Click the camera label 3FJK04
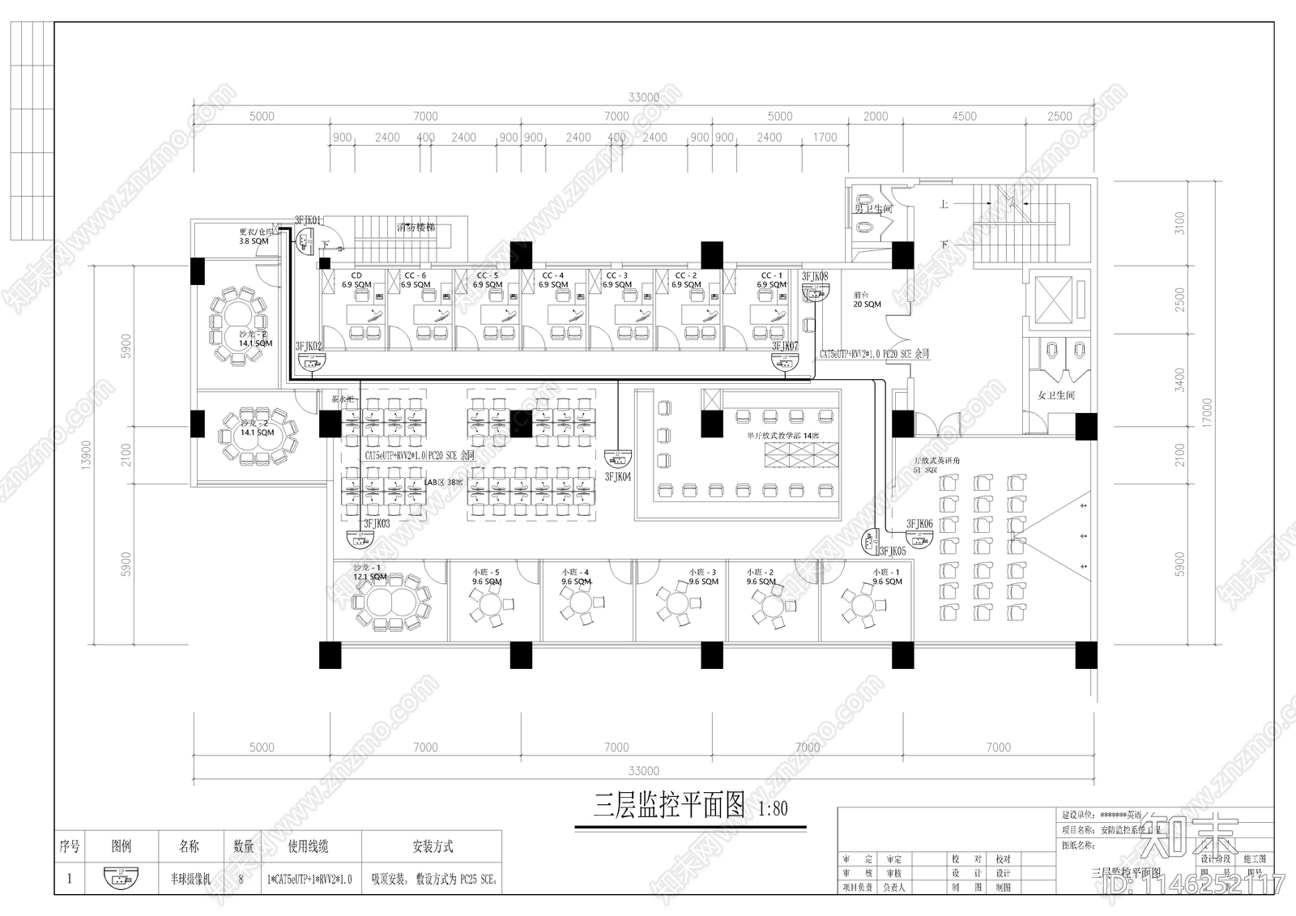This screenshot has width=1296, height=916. pos(617,477)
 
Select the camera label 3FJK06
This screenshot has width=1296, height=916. pos(919,524)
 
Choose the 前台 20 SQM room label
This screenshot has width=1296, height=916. pos(867,300)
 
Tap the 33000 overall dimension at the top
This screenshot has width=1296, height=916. pos(643,97)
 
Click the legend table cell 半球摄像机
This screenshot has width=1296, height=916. pos(189,879)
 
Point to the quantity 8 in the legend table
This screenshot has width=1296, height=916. pos(244,879)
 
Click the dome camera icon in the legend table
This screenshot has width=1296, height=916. pos(122,878)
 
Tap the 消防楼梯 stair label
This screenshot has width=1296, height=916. pos(416,227)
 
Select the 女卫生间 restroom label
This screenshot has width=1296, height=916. pos(1056,395)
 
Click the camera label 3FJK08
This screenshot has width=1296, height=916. pos(815,276)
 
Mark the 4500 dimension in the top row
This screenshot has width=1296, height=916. pos(964,117)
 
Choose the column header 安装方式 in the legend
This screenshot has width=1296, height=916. pos(433,847)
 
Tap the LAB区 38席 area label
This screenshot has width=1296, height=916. pos(444,483)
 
